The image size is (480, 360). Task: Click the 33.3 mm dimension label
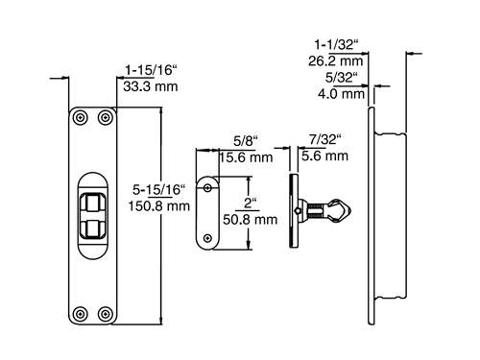pos(151,86)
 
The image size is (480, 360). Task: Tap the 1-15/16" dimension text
pos(151,70)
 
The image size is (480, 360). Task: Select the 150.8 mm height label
pos(159,205)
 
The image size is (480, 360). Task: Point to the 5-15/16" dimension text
pos(159,190)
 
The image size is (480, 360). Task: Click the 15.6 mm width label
pos(246,157)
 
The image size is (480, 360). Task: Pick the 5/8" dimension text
pos(246,141)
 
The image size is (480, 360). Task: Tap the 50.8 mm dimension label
pos(251,220)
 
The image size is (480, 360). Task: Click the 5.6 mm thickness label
pos(324,156)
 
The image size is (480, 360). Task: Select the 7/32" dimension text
pos(325,139)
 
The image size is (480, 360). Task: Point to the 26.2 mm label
pos(336,61)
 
